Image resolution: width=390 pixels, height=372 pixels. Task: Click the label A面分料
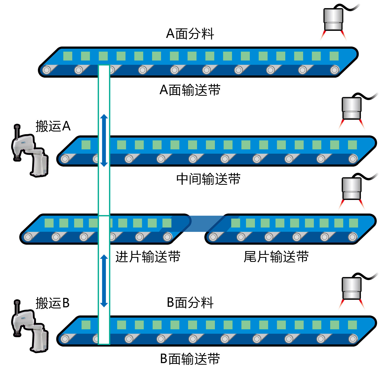(190, 34)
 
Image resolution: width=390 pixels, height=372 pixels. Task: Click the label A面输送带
(190, 90)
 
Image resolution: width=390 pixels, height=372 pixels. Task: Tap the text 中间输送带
(208, 179)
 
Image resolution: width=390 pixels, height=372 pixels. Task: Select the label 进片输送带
(148, 257)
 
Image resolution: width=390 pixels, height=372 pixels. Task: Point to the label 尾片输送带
(276, 257)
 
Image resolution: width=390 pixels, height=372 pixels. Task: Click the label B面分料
(190, 302)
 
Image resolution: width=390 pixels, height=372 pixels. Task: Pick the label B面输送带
(190, 359)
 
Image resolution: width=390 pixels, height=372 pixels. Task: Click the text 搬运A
(53, 126)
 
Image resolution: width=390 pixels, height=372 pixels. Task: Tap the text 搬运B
(53, 303)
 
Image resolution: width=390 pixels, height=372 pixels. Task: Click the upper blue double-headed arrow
(104, 140)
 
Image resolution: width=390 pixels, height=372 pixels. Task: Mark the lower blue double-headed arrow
(104, 281)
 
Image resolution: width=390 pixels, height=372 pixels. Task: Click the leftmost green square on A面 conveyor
(68, 56)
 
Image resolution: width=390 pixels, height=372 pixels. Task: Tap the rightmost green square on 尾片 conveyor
(353, 223)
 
